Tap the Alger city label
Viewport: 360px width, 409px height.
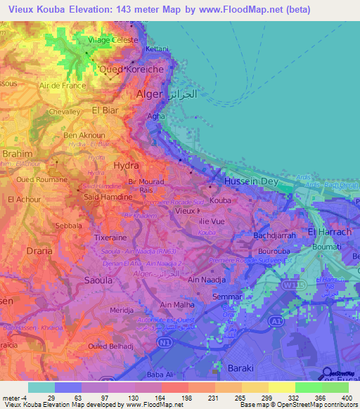point(148,93)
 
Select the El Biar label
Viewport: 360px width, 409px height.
point(107,110)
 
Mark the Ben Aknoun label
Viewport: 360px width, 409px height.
point(84,135)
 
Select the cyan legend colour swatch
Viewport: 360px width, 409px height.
point(41,387)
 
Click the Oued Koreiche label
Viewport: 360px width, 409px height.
point(127,70)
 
